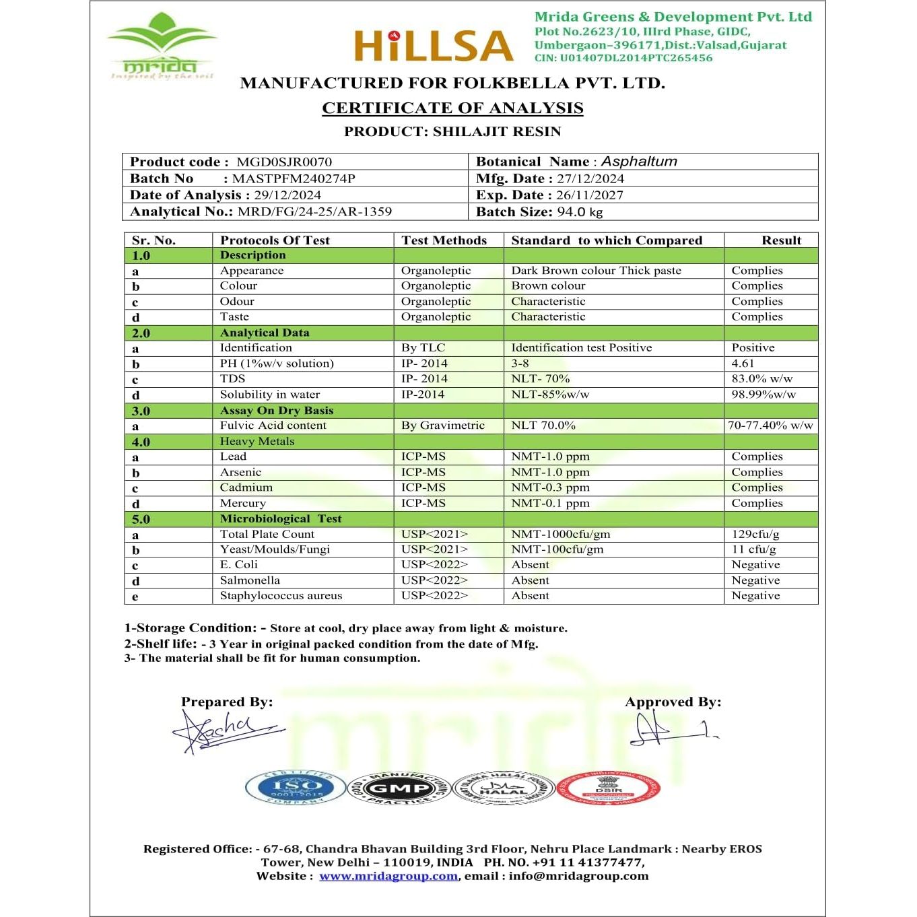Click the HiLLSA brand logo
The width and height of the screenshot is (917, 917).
pos(434,46)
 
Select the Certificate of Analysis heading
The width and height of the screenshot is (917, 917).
pos(452,108)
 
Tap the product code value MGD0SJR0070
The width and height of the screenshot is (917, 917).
pos(284,162)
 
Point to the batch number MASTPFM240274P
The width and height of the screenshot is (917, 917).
pos(294,178)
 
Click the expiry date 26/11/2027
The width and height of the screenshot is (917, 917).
pos(590,195)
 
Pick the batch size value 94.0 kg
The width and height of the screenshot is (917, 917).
pos(580,211)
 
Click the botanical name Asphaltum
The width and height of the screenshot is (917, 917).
pos(639,162)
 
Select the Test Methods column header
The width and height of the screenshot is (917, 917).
pos(444,240)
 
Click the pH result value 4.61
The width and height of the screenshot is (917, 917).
pos(743,364)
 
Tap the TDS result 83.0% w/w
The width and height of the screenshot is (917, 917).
pos(761,379)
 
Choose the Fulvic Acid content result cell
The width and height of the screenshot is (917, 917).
pos(770,426)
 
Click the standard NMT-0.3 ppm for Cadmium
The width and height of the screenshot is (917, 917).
pos(550,487)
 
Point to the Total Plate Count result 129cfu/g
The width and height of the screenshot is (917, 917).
pos(755,534)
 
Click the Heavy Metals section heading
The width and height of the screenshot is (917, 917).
pos(257,442)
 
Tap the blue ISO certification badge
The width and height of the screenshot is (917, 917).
pos(296,786)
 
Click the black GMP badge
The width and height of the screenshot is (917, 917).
pos(399,788)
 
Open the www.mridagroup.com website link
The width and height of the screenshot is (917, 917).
pos(388,876)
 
